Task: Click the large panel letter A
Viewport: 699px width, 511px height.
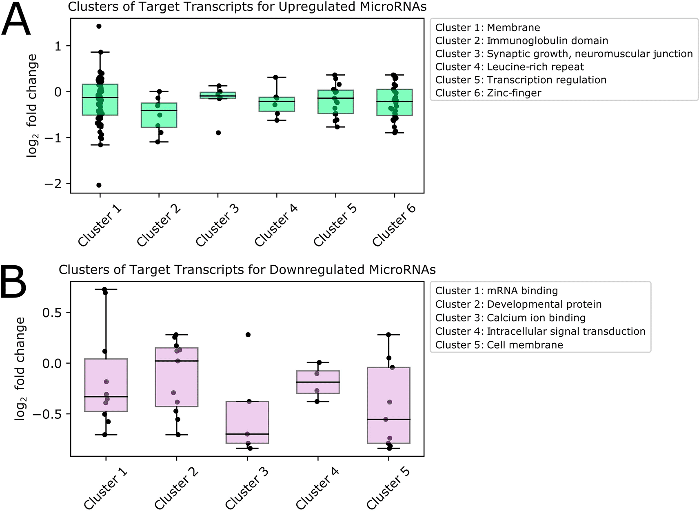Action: click(16, 19)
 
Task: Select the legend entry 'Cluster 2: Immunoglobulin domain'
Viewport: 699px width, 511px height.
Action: click(521, 40)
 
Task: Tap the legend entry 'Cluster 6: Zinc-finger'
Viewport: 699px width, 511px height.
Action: click(488, 93)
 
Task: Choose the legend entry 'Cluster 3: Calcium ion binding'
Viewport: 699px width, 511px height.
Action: click(510, 318)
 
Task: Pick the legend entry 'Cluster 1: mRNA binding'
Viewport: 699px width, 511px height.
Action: click(497, 291)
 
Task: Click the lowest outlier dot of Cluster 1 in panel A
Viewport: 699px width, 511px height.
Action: click(99, 185)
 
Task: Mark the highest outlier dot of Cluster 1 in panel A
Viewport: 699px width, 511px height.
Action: click(99, 26)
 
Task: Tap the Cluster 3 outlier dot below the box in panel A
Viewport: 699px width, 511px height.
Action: click(218, 133)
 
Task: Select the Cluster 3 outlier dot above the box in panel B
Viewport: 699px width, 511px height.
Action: click(248, 335)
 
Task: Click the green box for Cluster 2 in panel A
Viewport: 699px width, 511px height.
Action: click(159, 115)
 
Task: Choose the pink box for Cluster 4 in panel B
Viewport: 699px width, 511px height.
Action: click(318, 382)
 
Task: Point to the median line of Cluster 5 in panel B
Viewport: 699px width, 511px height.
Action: click(388, 419)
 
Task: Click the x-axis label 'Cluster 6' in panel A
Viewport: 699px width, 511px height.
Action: click(394, 225)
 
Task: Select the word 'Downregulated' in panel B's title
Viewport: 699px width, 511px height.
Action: click(316, 270)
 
